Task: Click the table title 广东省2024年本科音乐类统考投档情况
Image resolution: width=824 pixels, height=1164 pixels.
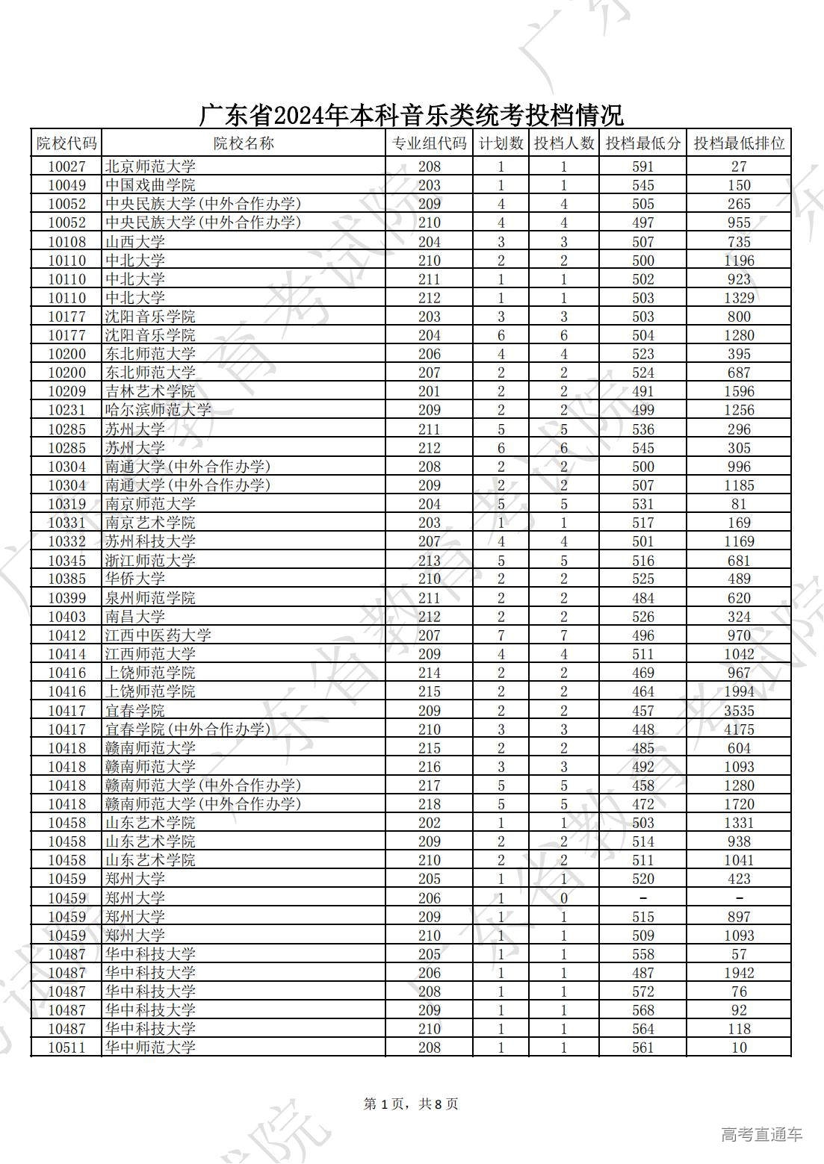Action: (x=411, y=116)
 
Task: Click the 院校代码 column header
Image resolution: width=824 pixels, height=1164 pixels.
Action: (x=66, y=143)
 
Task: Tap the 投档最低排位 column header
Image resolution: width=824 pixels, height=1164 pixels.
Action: (x=739, y=143)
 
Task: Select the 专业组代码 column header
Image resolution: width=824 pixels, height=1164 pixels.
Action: (x=430, y=143)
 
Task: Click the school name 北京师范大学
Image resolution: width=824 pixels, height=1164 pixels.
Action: (x=150, y=166)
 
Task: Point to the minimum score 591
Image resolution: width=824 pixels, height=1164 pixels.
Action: (x=642, y=166)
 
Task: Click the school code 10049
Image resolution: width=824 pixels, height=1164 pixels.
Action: (x=66, y=185)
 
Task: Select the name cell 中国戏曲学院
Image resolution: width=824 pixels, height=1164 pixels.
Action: (x=150, y=185)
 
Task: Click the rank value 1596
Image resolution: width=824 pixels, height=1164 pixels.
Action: (x=739, y=391)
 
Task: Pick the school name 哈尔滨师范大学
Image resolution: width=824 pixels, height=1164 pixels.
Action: (x=158, y=410)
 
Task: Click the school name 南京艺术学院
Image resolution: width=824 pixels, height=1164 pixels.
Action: (x=150, y=523)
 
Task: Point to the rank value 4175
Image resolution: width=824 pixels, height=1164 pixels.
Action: (x=739, y=729)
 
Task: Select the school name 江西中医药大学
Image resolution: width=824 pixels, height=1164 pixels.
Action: (x=158, y=635)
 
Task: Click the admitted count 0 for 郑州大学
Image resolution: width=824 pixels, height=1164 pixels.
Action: (x=564, y=898)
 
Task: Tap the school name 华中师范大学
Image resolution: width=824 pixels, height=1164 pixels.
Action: (x=150, y=1048)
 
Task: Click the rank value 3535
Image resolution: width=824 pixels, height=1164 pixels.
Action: (x=739, y=711)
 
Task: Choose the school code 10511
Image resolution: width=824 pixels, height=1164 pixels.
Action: (x=66, y=1048)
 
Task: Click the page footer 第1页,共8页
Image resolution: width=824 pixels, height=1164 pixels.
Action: (x=411, y=1104)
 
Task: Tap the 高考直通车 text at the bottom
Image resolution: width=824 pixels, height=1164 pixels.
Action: (x=762, y=1135)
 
